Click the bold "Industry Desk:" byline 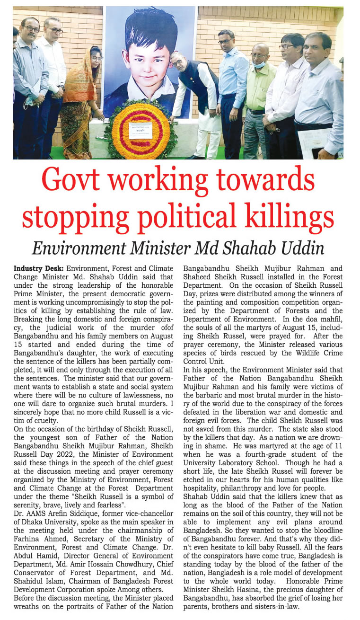36,268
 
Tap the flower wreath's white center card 140,130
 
